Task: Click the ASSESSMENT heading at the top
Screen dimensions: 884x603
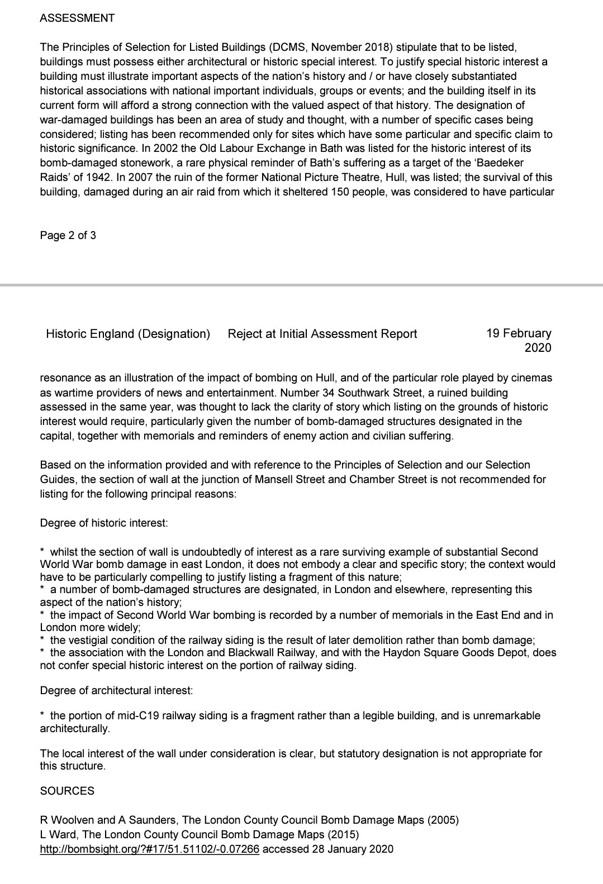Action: point(77,18)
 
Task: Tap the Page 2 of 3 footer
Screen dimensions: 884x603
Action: point(68,235)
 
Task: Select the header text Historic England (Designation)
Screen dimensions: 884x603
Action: point(128,334)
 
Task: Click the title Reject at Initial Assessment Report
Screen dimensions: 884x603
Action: point(322,334)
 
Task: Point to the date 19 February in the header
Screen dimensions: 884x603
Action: point(519,333)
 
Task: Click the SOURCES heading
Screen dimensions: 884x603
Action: point(67,791)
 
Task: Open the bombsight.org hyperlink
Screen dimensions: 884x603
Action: point(150,849)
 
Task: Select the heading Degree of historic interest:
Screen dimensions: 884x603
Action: point(104,523)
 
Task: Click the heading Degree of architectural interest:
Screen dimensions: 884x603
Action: point(116,691)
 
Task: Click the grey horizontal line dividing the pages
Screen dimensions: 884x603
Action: point(301,285)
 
